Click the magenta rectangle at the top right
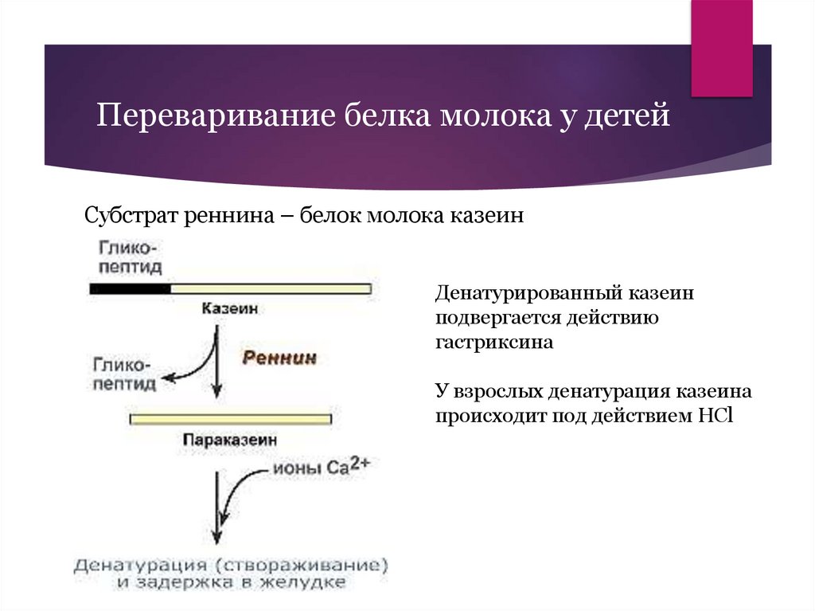[x=721, y=48]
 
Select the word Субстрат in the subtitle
[x=131, y=216]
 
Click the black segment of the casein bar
[x=130, y=288]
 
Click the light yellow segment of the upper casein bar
[x=271, y=288]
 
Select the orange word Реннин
[x=279, y=358]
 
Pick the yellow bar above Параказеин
[x=231, y=417]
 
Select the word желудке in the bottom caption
[x=308, y=582]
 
